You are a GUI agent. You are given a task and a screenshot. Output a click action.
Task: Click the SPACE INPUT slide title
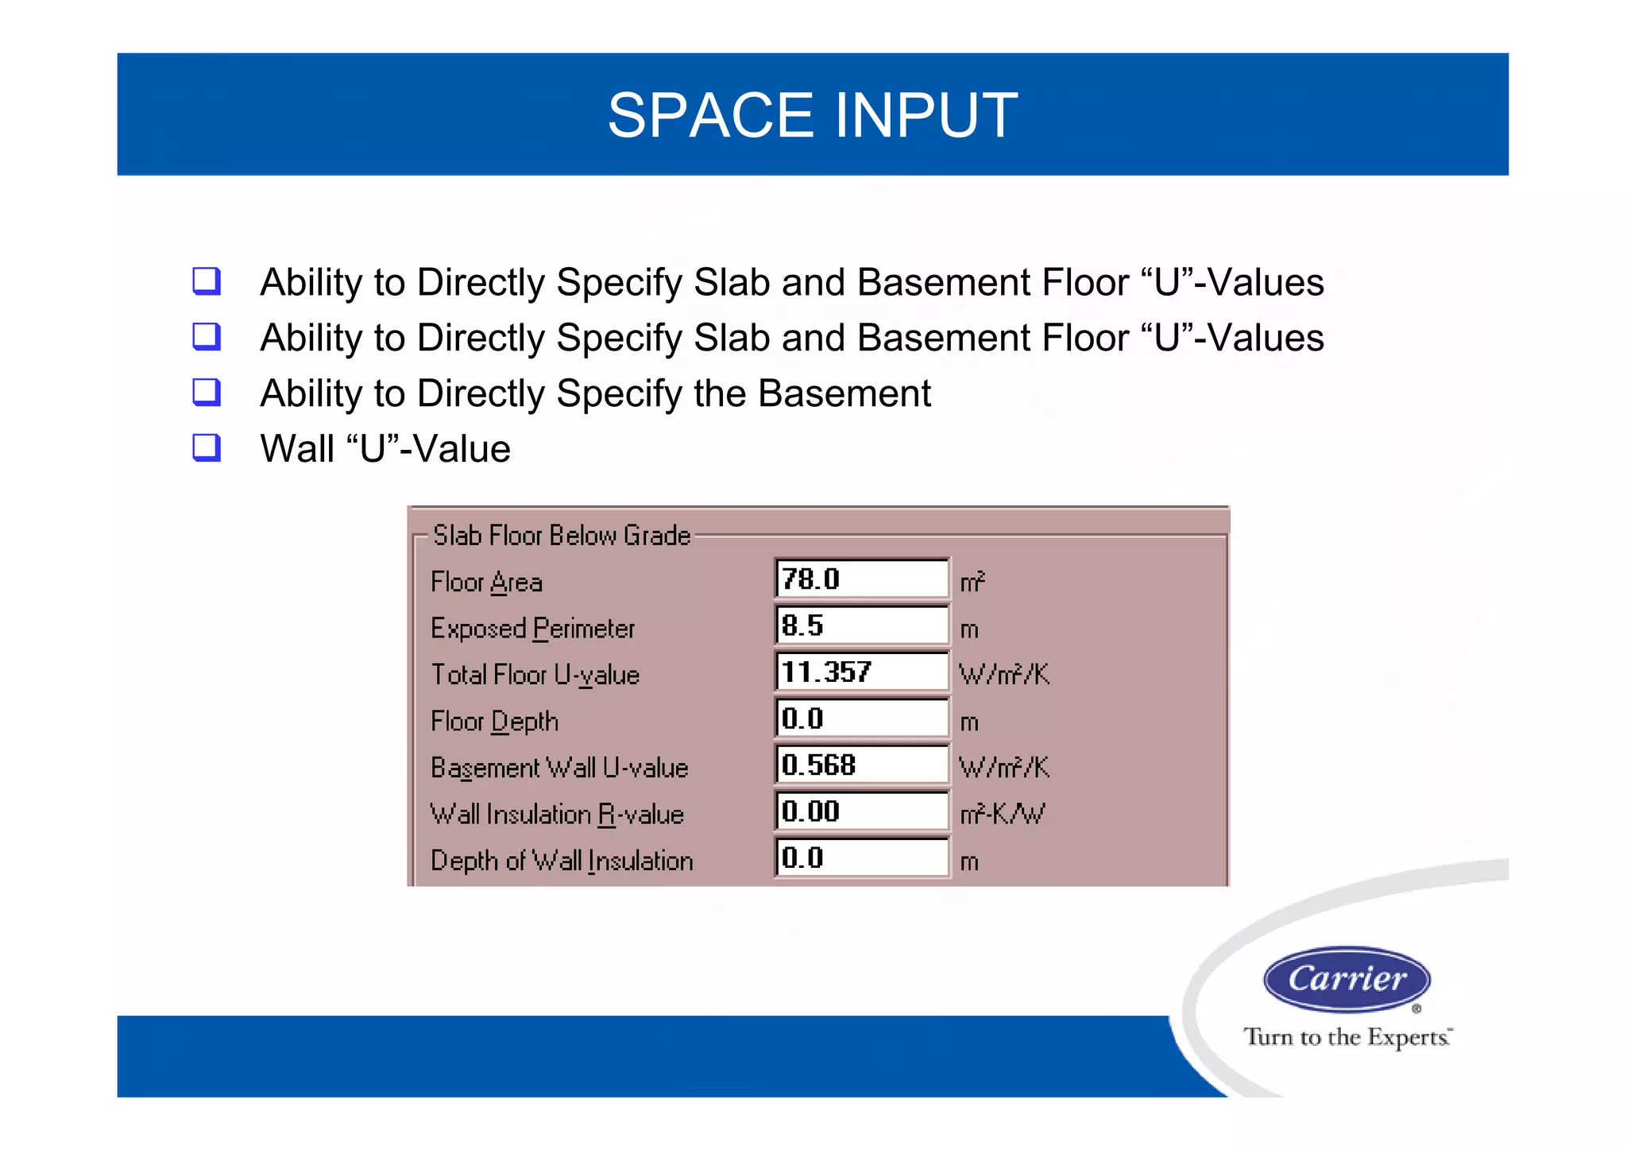pos(812,115)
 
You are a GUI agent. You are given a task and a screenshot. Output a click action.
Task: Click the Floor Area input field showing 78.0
pos(861,579)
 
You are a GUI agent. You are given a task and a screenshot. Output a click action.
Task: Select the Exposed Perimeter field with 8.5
pos(861,625)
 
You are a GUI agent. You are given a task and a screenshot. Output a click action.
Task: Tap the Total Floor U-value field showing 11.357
pos(861,672)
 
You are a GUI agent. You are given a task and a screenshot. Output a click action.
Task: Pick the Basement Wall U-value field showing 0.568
pos(861,765)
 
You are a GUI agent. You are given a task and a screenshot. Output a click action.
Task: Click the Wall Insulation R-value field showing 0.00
pos(861,811)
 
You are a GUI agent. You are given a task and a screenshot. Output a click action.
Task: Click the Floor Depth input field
pos(861,718)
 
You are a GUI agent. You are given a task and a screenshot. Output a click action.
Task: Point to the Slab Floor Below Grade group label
pos(561,536)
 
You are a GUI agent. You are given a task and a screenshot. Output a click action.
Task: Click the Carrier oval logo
pos(1347,979)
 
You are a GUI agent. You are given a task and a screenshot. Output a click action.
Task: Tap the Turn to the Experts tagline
pos(1347,1037)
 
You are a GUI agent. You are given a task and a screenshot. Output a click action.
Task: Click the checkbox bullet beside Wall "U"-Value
pos(207,448)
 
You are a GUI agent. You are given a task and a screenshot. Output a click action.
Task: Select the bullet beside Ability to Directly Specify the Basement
pos(207,393)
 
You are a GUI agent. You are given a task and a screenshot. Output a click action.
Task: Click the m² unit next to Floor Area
pos(972,582)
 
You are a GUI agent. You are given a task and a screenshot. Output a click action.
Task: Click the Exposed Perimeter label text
pos(532,629)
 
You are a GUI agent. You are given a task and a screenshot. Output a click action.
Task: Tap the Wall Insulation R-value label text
pos(556,815)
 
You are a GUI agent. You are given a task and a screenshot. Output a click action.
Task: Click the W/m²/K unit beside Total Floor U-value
pos(1004,675)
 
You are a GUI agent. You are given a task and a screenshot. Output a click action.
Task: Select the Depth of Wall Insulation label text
pos(561,861)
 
